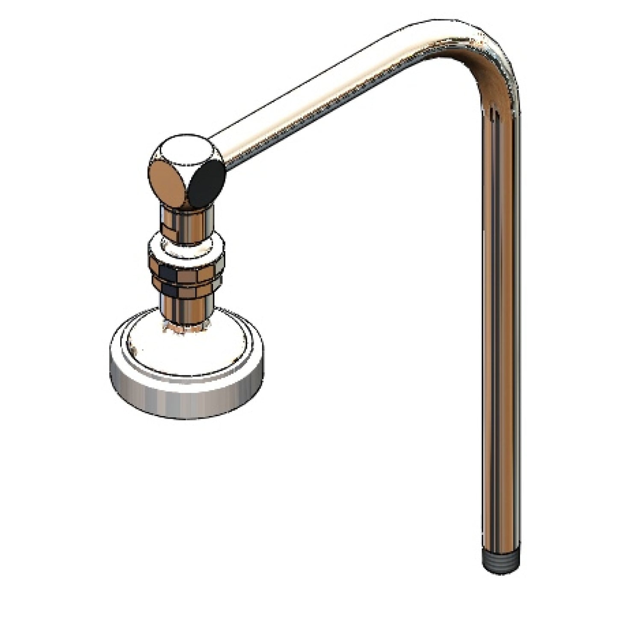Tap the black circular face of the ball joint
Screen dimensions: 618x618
(208, 185)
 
